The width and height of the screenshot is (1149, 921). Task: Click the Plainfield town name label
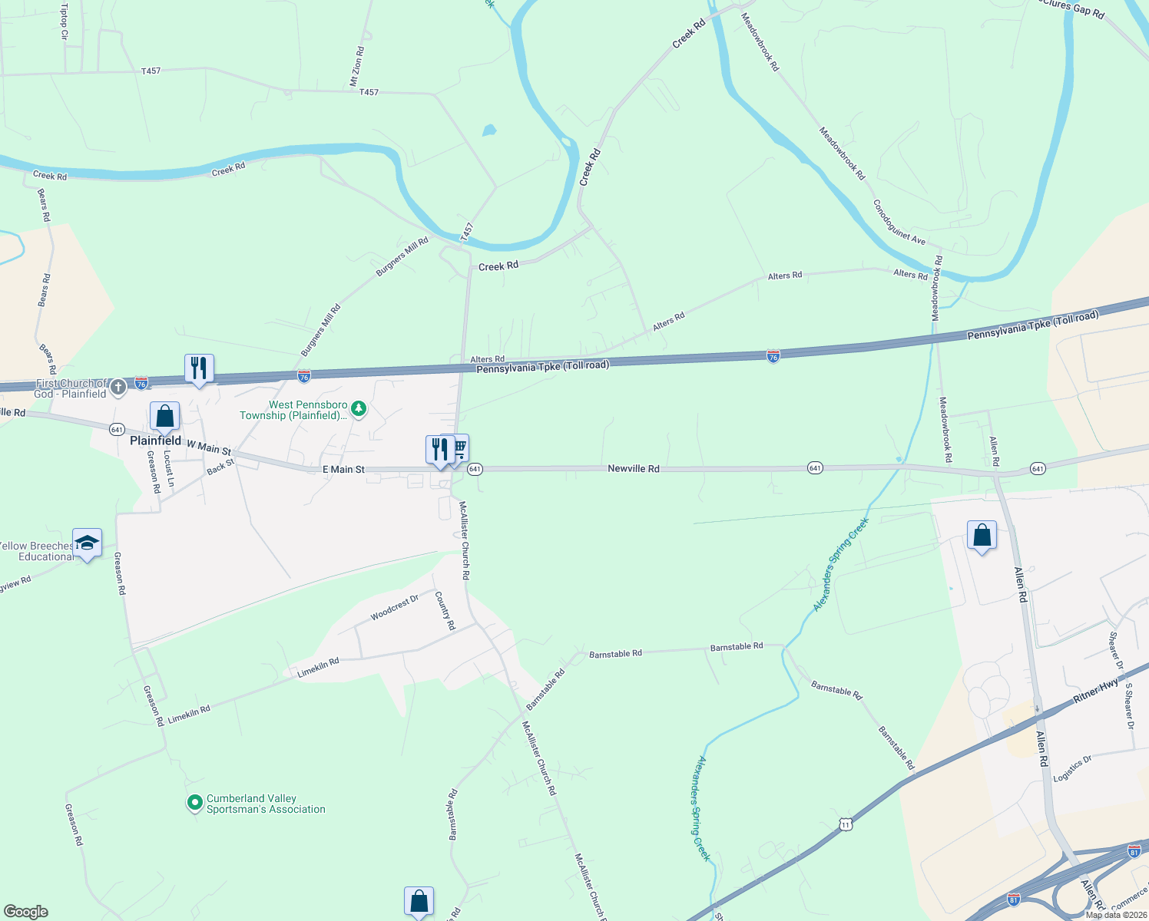(155, 441)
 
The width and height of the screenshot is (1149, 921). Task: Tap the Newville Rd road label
(633, 468)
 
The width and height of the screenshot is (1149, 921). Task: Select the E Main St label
(343, 469)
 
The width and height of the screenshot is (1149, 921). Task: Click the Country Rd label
(445, 610)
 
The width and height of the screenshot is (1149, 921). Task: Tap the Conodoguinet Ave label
(899, 223)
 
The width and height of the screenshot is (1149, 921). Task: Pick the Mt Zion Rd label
(357, 66)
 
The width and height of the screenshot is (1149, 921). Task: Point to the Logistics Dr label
(1072, 768)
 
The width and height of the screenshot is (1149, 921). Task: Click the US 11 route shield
(846, 824)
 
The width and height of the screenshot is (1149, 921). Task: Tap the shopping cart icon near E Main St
(459, 447)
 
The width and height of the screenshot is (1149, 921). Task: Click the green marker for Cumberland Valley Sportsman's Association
(195, 804)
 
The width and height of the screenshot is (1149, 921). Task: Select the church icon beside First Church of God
(118, 387)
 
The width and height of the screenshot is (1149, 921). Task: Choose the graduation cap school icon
(87, 543)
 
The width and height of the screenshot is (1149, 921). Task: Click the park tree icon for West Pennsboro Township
(358, 410)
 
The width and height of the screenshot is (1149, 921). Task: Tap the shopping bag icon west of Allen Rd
(982, 535)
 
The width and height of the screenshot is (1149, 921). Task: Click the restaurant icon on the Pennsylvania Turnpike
(199, 368)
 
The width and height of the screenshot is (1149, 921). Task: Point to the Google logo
(25, 911)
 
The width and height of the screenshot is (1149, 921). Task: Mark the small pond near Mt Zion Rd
(489, 130)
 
